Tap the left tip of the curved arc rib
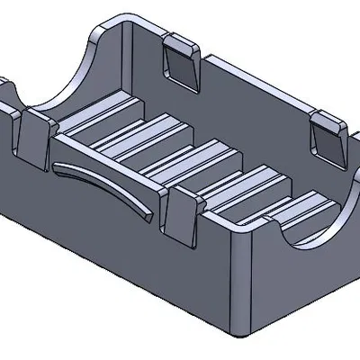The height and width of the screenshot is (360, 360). coord(56,166)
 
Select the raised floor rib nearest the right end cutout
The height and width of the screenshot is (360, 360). coord(270,216)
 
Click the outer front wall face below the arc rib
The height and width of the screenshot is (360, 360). coord(108,234)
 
